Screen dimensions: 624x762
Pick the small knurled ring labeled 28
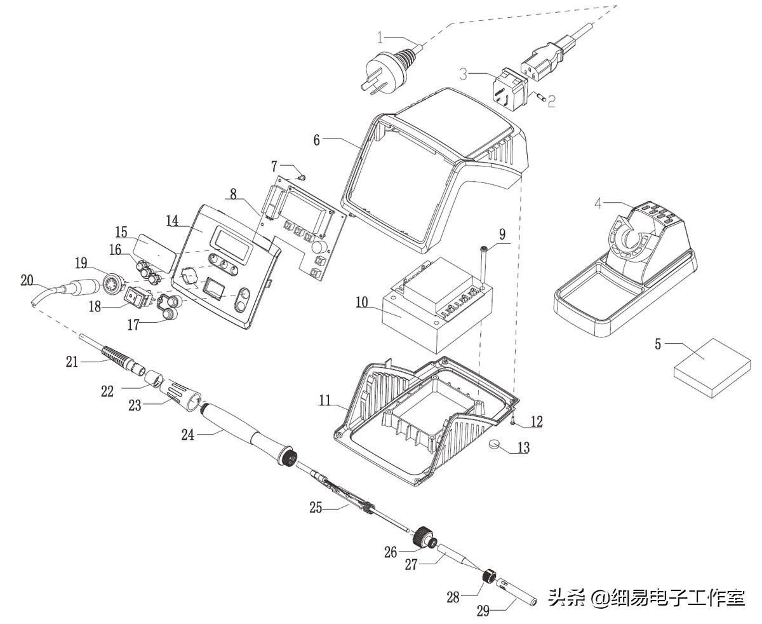click(490, 577)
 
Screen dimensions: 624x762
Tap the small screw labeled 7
click(302, 177)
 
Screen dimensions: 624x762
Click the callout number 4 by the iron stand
click(598, 203)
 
